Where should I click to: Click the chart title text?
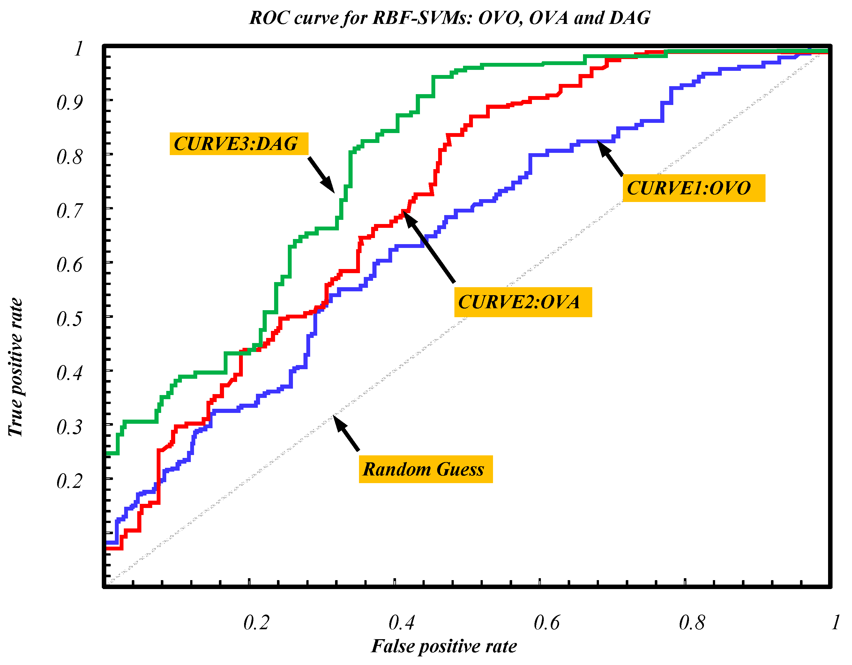(449, 18)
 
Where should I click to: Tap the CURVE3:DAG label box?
(239, 144)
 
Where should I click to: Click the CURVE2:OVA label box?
(523, 302)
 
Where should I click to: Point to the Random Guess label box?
(426, 469)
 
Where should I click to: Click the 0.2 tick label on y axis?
(70, 481)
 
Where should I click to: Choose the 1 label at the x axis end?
(835, 622)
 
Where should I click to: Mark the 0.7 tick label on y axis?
(70, 211)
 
